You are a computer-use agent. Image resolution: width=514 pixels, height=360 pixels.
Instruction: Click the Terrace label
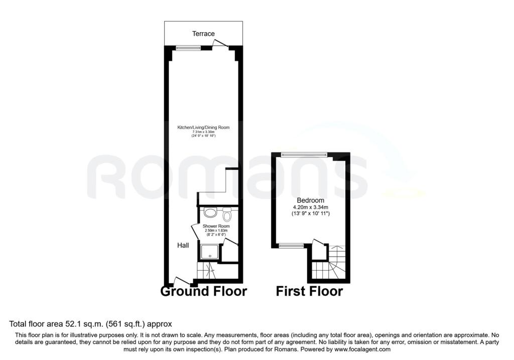(x=203, y=34)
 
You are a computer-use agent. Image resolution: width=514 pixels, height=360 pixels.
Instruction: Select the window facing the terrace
(x=188, y=48)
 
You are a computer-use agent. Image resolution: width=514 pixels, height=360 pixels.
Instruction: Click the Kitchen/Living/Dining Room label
(x=203, y=127)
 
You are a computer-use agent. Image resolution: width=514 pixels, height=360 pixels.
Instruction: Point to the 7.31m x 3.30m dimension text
(x=203, y=132)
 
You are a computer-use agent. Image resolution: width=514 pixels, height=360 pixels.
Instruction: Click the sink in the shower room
(x=210, y=213)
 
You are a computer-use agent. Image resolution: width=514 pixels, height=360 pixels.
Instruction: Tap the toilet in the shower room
(x=227, y=214)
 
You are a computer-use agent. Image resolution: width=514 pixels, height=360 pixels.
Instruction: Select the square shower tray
(x=210, y=252)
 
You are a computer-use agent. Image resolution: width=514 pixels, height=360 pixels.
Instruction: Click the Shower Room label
(x=216, y=226)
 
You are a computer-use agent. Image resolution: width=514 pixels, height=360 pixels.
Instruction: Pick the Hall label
(x=183, y=245)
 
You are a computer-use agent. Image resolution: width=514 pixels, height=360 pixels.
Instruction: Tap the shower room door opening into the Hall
(x=195, y=231)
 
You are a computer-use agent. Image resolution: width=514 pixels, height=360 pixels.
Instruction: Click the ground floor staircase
(x=206, y=271)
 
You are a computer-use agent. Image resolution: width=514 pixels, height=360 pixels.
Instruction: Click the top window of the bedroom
(x=304, y=155)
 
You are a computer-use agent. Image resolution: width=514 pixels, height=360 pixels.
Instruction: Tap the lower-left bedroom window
(x=291, y=245)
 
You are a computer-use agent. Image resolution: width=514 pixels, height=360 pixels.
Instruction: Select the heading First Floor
(x=309, y=291)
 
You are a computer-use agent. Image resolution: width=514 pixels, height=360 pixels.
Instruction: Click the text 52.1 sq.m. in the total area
(x=83, y=324)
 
